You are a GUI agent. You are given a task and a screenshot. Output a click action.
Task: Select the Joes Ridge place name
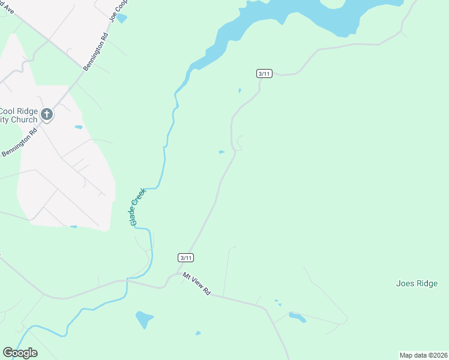417,284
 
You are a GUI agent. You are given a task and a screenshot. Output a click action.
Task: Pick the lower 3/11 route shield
186,257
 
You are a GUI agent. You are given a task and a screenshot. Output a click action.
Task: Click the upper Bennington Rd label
95,52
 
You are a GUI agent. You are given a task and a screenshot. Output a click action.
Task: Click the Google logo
20,353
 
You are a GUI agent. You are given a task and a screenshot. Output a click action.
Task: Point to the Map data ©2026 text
423,355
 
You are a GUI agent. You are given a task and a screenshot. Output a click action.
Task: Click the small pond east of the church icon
78,127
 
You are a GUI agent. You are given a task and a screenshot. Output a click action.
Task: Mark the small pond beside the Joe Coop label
122,19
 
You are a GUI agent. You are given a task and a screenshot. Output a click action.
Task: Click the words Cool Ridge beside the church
19,111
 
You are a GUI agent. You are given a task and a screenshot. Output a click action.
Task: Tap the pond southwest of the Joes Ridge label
297,317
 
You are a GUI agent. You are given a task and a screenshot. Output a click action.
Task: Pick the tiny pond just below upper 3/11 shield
240,91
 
